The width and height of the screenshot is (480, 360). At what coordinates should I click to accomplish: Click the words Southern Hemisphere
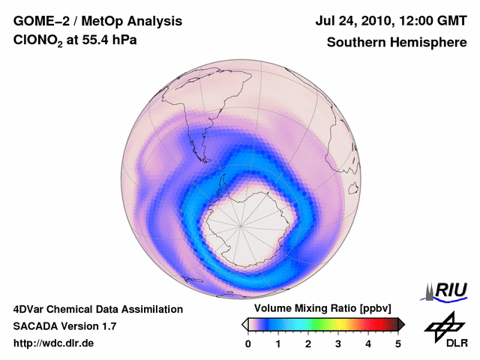(396, 43)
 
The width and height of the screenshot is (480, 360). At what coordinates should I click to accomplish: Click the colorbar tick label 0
(248, 343)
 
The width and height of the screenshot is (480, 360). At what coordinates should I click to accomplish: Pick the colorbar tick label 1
(278, 343)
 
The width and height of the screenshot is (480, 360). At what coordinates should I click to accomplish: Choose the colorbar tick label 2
(308, 343)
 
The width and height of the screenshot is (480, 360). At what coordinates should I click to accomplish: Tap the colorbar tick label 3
(338, 343)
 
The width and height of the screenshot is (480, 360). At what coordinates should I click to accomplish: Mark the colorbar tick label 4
(368, 343)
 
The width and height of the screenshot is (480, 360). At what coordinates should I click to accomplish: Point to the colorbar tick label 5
(398, 343)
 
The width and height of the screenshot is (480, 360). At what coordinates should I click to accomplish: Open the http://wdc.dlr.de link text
(53, 343)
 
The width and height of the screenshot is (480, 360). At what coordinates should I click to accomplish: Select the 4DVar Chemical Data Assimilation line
(97, 309)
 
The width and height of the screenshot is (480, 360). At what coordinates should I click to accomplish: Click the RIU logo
(446, 290)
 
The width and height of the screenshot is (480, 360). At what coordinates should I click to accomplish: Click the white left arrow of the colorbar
(244, 324)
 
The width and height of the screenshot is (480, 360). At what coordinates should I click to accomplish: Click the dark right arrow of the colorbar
(401, 324)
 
